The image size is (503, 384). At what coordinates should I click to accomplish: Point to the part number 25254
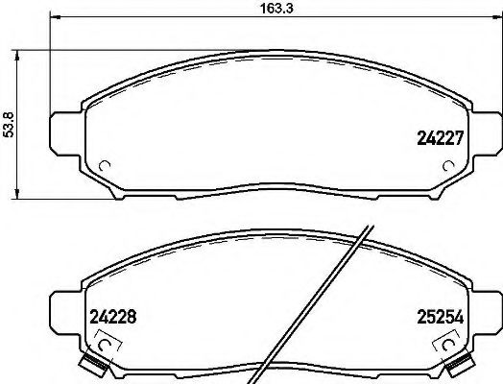pyautogui.click(x=440, y=314)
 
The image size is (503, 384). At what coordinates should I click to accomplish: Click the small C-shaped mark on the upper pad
pyautogui.click(x=106, y=165)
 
